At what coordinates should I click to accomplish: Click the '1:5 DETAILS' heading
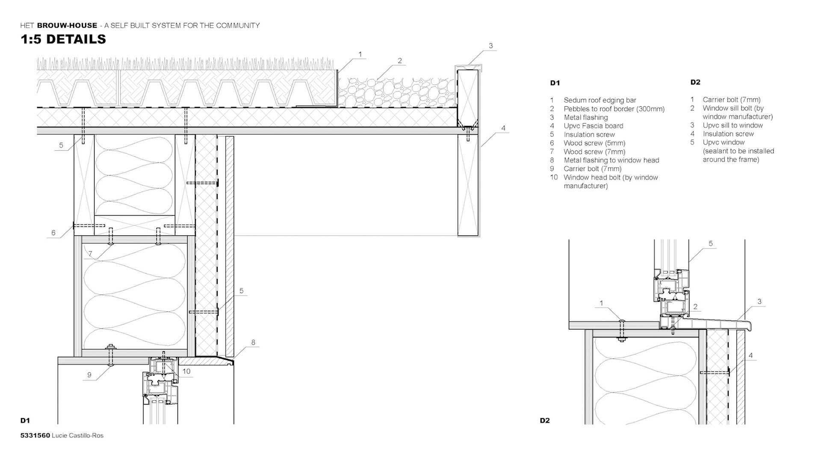pyautogui.click(x=63, y=39)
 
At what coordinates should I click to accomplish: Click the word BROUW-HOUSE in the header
pyautogui.click(x=67, y=26)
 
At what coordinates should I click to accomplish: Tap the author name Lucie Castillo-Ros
pyautogui.click(x=77, y=436)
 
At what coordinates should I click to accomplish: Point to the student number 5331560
pyautogui.click(x=35, y=436)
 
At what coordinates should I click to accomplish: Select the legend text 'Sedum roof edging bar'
pyautogui.click(x=600, y=100)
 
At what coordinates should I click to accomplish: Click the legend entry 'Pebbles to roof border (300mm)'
pyautogui.click(x=614, y=109)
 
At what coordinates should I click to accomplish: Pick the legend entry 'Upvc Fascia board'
pyautogui.click(x=593, y=126)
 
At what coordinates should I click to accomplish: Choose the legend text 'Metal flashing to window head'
pyautogui.click(x=611, y=160)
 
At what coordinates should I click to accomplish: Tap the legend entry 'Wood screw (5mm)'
pyautogui.click(x=594, y=143)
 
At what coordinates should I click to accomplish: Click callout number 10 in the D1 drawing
pyautogui.click(x=186, y=371)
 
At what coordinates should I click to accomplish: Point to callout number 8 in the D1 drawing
pyautogui.click(x=253, y=343)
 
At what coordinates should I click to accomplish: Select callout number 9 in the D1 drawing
pyautogui.click(x=89, y=375)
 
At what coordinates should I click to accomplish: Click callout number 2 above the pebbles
pyautogui.click(x=400, y=61)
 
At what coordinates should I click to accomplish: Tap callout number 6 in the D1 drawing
pyautogui.click(x=53, y=233)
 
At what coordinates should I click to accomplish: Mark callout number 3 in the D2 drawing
pyautogui.click(x=759, y=302)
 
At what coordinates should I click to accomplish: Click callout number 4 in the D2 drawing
pyautogui.click(x=751, y=355)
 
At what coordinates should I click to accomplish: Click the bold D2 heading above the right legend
pyautogui.click(x=695, y=82)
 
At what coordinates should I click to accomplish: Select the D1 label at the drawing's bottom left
pyautogui.click(x=25, y=421)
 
